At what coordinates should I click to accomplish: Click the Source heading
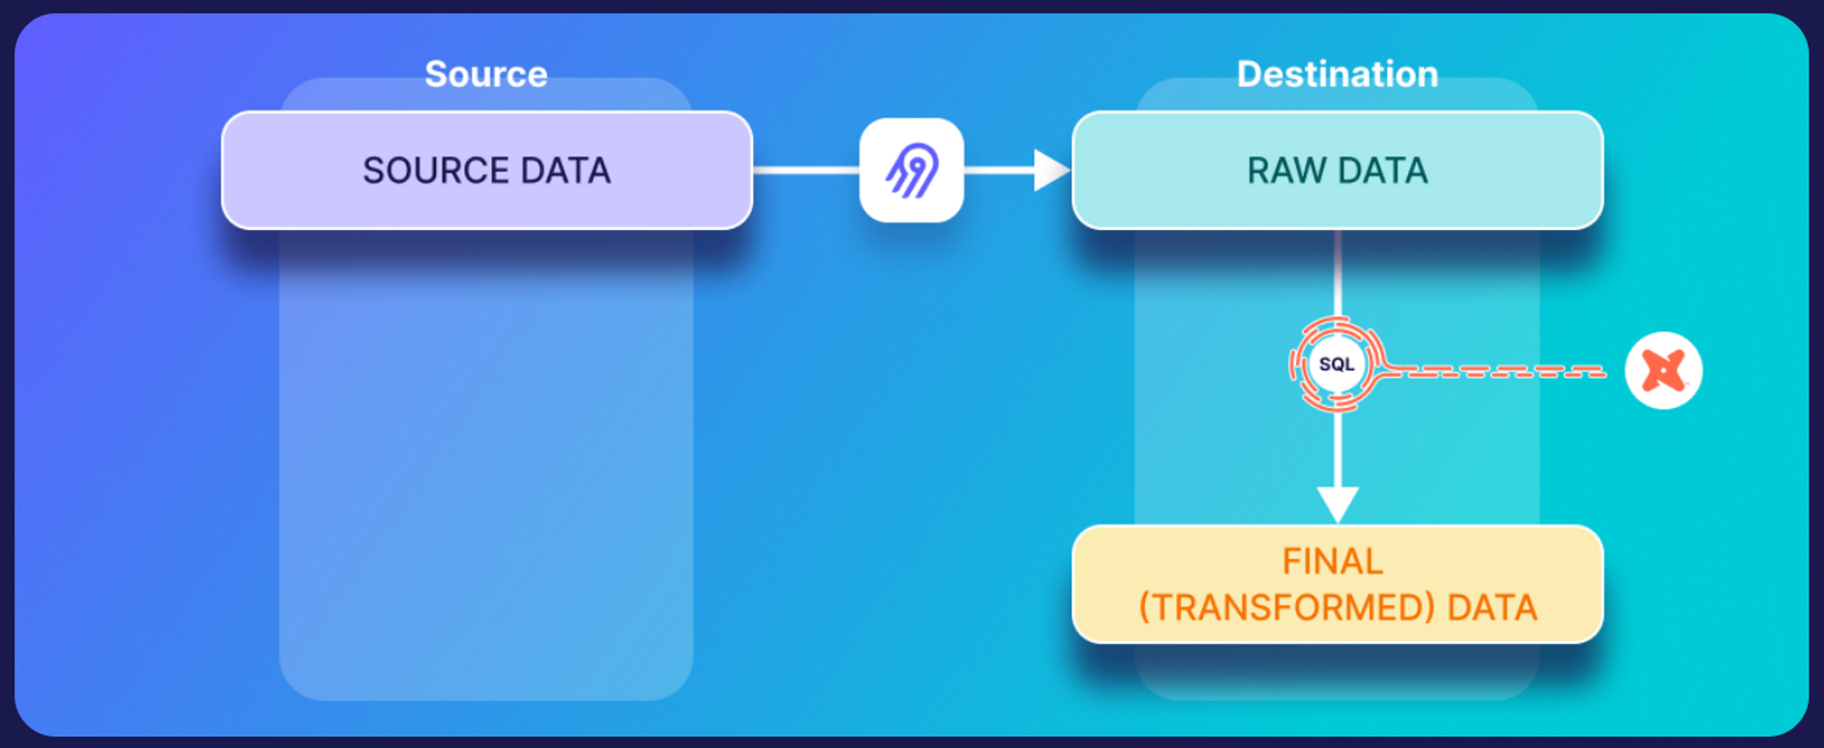(x=486, y=74)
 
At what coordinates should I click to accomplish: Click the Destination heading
(x=1337, y=74)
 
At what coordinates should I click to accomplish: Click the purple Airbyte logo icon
(x=912, y=170)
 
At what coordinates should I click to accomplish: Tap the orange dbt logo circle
(x=1663, y=370)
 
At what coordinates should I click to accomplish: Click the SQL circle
(x=1337, y=364)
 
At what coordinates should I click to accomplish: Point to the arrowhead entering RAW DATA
(x=1051, y=170)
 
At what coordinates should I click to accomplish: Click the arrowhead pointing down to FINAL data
(x=1337, y=503)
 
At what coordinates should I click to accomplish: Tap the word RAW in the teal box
(x=1286, y=171)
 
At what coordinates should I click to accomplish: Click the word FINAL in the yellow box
(x=1332, y=561)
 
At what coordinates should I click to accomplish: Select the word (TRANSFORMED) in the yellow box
(x=1287, y=608)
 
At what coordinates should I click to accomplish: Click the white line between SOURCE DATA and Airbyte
(x=805, y=170)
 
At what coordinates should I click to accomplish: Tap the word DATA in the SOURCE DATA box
(x=565, y=171)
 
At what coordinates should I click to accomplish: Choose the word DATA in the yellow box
(x=1492, y=608)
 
